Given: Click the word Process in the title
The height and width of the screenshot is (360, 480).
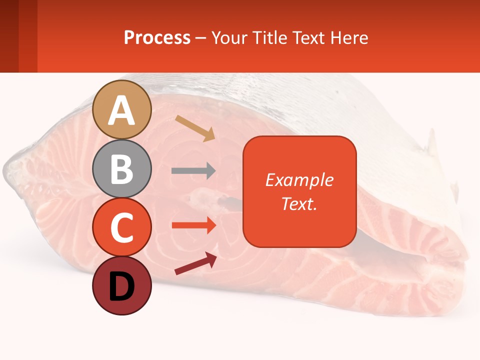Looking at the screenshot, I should [x=157, y=37].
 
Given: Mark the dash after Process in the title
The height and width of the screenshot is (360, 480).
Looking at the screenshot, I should [x=200, y=38].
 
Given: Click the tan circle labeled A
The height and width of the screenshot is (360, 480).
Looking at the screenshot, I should [x=122, y=109].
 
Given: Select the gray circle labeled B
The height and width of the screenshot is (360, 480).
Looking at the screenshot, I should [x=122, y=168].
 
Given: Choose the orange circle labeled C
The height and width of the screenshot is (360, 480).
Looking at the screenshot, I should [x=122, y=227].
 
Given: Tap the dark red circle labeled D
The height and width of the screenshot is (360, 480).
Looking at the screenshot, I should [x=122, y=285].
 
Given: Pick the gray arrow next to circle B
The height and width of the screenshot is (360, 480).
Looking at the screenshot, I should [x=193, y=170].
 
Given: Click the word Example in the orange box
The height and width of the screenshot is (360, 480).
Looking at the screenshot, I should [x=299, y=180].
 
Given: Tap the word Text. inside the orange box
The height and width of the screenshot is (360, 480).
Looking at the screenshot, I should [x=299, y=203].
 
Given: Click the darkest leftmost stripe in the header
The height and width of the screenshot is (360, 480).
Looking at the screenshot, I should [x=9, y=36].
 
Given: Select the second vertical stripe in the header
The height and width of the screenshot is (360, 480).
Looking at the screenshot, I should [x=28, y=36].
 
